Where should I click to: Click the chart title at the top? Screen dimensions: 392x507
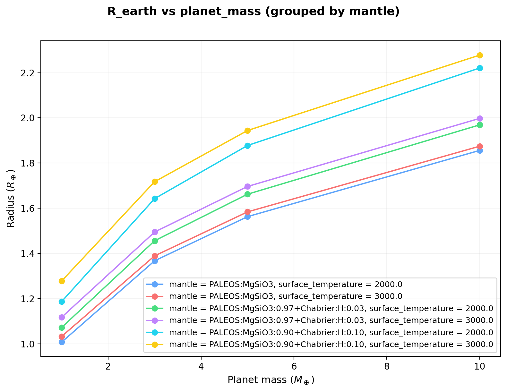(253, 12)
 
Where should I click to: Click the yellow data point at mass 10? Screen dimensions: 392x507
(479, 55)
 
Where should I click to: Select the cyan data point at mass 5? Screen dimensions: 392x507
(247, 146)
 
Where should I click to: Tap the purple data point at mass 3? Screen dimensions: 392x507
(155, 232)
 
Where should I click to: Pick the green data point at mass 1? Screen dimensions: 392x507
(62, 328)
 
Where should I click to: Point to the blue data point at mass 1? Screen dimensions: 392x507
(62, 342)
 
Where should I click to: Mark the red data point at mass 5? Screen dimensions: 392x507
(247, 212)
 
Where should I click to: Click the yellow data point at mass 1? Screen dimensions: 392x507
(62, 281)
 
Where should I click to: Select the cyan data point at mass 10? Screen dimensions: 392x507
(479, 68)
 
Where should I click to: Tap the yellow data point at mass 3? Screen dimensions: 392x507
(155, 182)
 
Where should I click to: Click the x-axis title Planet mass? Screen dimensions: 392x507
(271, 380)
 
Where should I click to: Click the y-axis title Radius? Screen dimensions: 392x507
(11, 199)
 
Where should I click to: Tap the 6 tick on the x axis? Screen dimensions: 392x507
(294, 366)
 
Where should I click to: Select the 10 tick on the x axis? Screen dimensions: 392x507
(479, 366)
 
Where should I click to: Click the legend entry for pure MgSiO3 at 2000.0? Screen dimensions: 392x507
(286, 284)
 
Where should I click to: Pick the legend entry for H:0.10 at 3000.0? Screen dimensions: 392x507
(331, 345)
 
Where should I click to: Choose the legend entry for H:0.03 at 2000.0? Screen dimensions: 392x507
(331, 308)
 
